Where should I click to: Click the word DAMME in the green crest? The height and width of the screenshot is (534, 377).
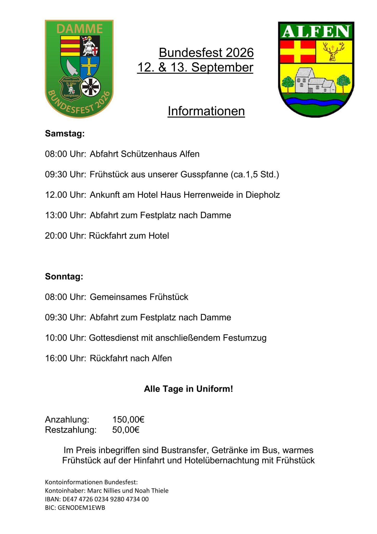[79, 28]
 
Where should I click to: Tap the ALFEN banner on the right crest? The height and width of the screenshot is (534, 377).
[316, 31]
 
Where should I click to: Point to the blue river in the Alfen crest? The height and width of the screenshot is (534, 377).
[316, 101]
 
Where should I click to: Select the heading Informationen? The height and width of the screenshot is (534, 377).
[206, 111]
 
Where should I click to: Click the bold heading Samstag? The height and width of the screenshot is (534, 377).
[65, 133]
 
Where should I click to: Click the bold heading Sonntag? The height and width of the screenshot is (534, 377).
[64, 276]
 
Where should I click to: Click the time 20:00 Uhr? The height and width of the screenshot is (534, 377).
[65, 236]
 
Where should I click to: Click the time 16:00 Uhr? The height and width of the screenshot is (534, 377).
[65, 358]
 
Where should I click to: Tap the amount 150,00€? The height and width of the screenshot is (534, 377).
[128, 420]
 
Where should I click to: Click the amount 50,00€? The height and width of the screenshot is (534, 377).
[126, 430]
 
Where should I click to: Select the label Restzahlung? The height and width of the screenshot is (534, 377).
[71, 430]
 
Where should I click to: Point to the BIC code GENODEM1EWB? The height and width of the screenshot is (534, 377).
[81, 508]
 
